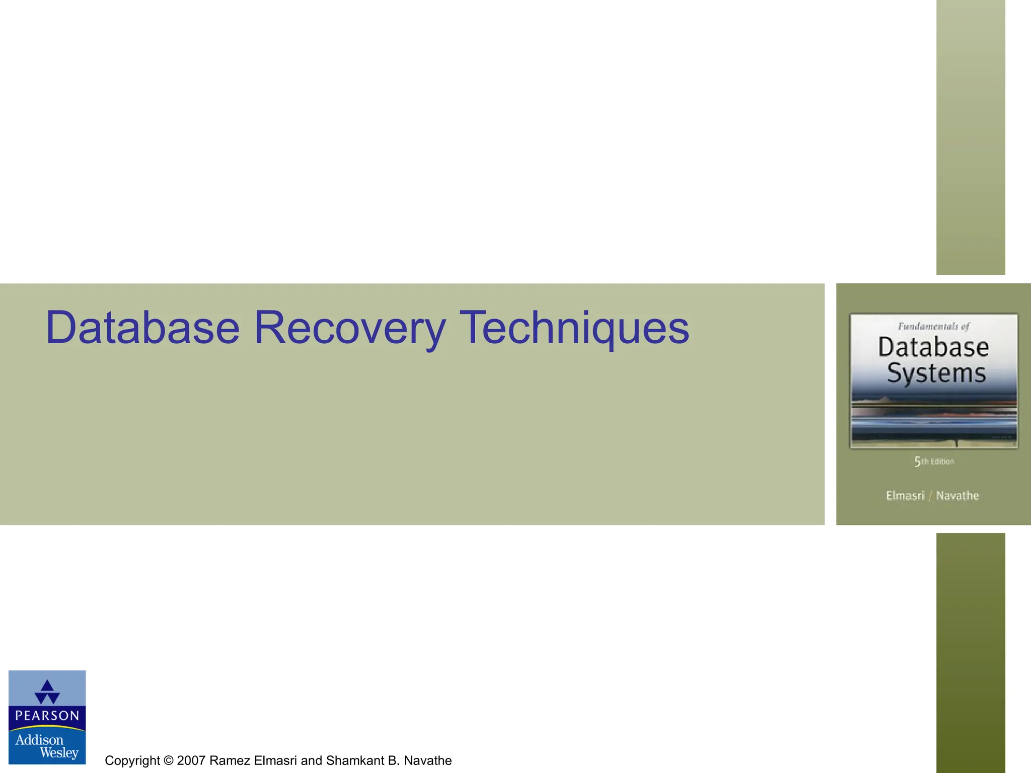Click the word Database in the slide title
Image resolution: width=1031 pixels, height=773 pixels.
click(142, 328)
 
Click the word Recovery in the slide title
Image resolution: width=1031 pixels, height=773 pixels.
click(350, 328)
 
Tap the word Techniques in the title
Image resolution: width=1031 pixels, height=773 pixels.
click(574, 328)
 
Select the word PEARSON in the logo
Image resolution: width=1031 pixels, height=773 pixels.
click(47, 716)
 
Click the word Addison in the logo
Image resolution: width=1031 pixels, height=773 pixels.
click(39, 740)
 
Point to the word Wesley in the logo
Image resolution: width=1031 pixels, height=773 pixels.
click(59, 753)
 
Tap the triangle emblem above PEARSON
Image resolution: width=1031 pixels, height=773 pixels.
click(47, 692)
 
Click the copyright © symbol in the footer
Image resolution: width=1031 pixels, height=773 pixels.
click(168, 760)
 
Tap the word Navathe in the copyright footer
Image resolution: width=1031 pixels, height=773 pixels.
click(427, 760)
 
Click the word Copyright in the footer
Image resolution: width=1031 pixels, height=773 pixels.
click(132, 760)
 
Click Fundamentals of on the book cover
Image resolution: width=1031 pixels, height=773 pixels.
click(933, 327)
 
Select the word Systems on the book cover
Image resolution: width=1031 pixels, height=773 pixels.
click(936, 373)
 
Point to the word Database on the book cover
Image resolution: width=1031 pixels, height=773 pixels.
click(933, 347)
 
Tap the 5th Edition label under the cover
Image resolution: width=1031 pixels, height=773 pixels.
click(934, 461)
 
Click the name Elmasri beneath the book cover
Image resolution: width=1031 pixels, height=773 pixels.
click(905, 496)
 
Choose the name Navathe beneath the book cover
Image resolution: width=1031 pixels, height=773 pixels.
click(957, 496)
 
